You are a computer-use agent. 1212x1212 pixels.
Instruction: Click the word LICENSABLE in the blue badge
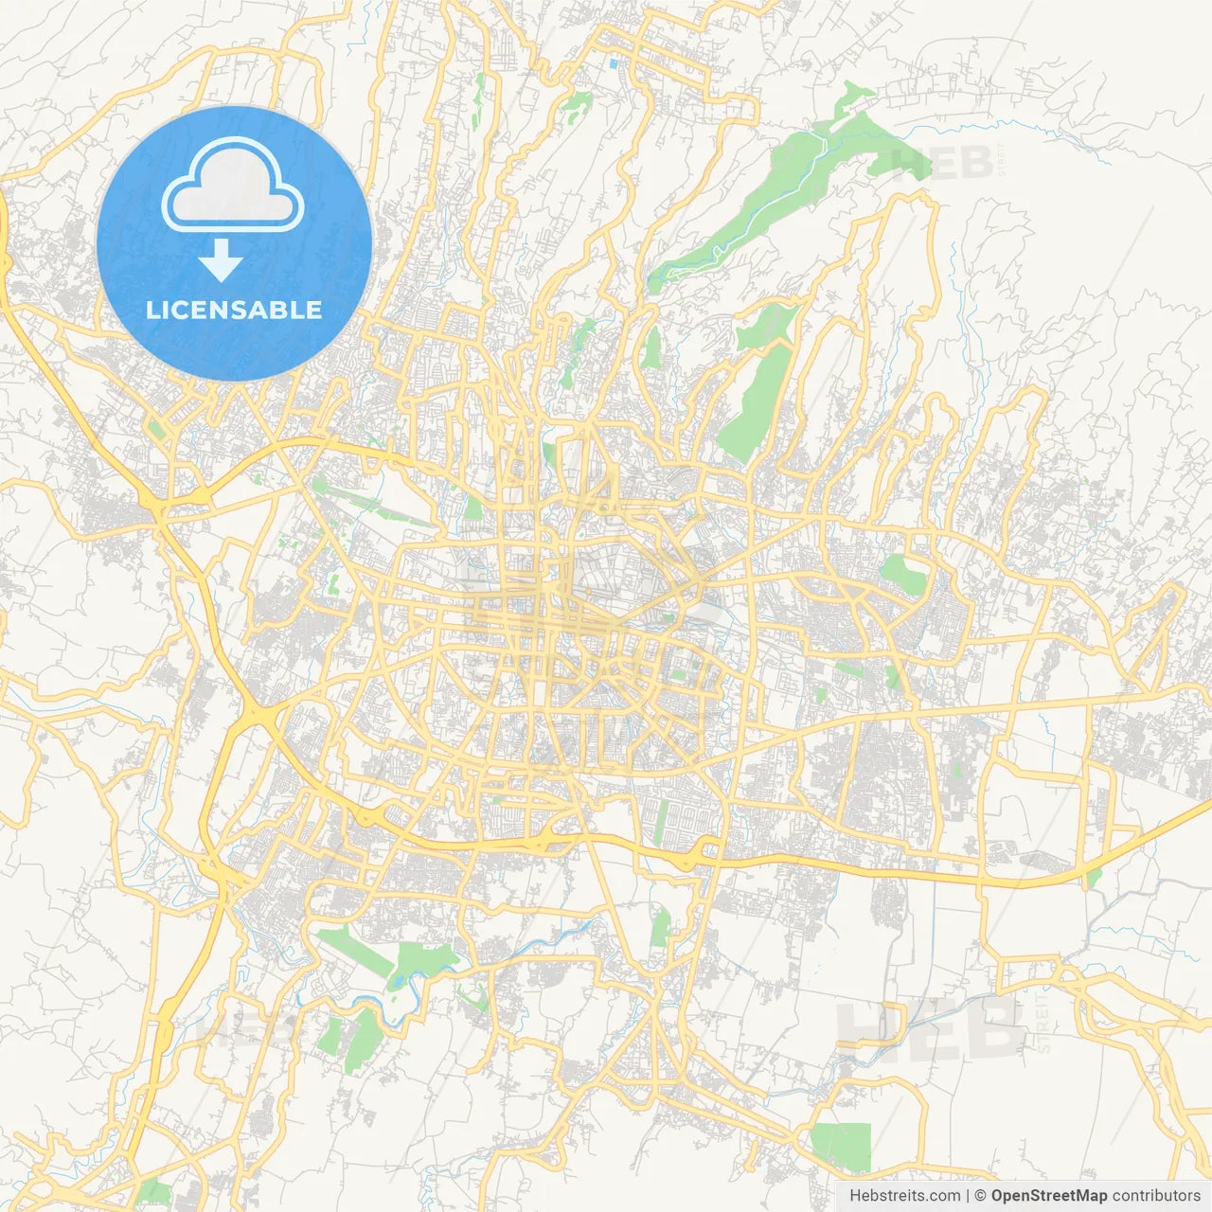tap(234, 310)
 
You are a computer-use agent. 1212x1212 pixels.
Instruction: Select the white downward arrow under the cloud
tap(222, 260)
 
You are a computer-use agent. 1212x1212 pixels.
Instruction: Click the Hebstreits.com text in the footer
tap(904, 1196)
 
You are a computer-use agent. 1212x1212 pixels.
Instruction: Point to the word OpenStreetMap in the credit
tap(1049, 1196)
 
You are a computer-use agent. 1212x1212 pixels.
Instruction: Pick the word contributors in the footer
tap(1156, 1196)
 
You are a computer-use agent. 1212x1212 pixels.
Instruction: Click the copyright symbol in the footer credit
tap(981, 1196)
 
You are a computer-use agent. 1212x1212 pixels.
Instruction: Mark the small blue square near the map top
tap(614, 63)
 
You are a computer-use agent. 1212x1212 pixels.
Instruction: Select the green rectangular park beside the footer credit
tap(841, 1146)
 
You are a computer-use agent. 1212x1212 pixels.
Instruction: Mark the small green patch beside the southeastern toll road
tap(1095, 880)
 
